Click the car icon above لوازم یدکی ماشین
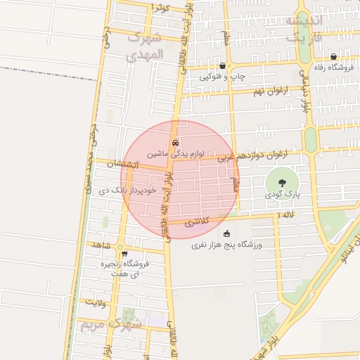coord(176,142)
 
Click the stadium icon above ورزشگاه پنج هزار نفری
coord(226,233)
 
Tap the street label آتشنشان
coord(122,164)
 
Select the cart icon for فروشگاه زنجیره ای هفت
coord(124,254)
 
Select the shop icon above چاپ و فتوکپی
coord(222,65)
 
